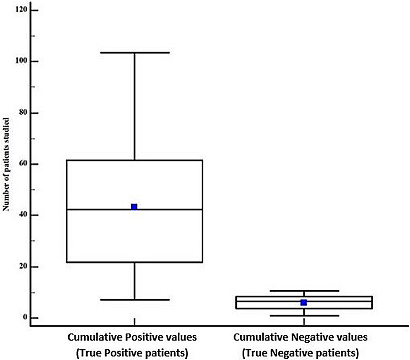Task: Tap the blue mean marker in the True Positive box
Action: click(x=134, y=206)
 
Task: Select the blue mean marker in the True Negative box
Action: click(x=304, y=303)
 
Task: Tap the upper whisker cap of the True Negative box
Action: click(x=304, y=291)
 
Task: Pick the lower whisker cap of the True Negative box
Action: click(x=304, y=316)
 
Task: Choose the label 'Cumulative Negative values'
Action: click(x=300, y=337)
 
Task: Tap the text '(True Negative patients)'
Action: click(x=300, y=353)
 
